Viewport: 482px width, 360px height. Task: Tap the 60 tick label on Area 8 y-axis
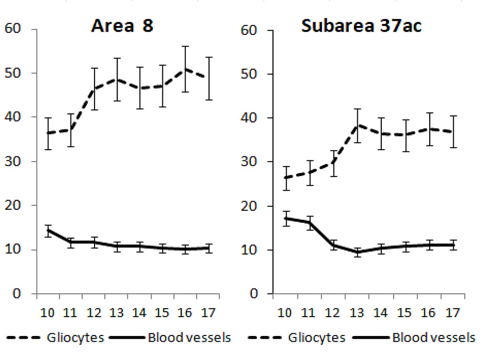(x=13, y=29)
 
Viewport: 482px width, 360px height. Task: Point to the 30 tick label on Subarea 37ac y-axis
(x=251, y=162)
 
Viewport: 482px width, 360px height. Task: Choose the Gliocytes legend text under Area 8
(x=75, y=338)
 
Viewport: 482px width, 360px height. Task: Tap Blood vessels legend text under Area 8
(x=189, y=338)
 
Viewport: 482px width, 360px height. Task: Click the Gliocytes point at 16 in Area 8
(x=185, y=69)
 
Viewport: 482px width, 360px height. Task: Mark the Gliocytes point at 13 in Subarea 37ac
(x=358, y=125)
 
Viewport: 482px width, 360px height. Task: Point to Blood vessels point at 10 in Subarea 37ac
(x=285, y=218)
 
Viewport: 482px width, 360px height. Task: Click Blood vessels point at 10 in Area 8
(x=48, y=231)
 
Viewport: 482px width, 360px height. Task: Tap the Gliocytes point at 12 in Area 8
(x=94, y=89)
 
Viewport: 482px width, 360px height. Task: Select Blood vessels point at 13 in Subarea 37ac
(x=358, y=252)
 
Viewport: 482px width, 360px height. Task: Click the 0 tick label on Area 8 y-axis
(x=17, y=294)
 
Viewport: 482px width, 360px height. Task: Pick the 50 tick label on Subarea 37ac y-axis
(x=251, y=74)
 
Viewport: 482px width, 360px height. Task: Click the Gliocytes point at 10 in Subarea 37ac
(x=285, y=178)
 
